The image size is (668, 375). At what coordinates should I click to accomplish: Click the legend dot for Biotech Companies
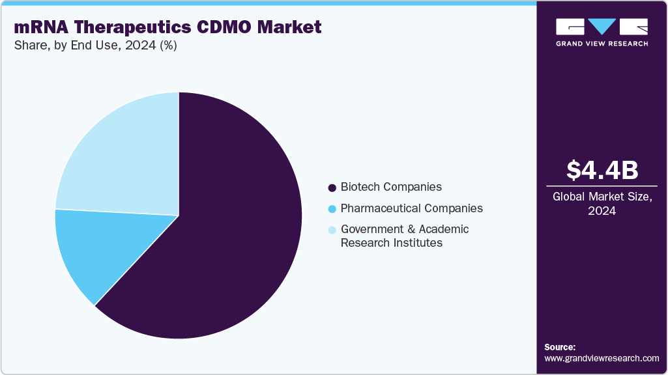[332, 187]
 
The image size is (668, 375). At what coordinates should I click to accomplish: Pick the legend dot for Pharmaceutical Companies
[332, 209]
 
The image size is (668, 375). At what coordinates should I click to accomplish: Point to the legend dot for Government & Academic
[332, 230]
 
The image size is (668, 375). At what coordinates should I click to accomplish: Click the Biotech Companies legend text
[391, 187]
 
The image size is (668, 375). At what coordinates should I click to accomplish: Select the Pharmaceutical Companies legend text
[412, 209]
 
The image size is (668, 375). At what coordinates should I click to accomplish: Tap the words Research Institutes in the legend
[392, 243]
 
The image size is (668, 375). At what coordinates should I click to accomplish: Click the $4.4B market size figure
[602, 170]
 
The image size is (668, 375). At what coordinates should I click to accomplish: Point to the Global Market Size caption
[602, 197]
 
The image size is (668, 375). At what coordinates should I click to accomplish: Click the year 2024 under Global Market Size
[602, 211]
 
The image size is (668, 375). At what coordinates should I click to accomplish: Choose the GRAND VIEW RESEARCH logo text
[602, 44]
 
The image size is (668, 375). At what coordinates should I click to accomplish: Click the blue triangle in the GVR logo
[602, 26]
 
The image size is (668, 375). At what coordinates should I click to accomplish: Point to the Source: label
[560, 347]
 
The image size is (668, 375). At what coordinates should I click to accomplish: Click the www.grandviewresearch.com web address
[602, 359]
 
